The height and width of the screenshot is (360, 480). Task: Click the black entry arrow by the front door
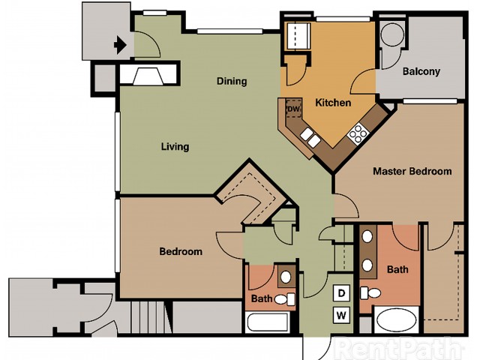tap(120, 45)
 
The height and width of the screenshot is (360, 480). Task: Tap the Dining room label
tap(232, 81)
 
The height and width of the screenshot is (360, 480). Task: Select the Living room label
tap(175, 147)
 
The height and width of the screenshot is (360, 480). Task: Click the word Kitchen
tap(333, 103)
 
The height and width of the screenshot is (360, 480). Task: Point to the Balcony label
tap(421, 71)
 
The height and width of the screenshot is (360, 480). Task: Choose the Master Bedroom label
tap(412, 171)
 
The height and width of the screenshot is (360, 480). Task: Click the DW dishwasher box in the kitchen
tap(293, 108)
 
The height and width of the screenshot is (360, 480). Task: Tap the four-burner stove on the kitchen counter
tap(358, 133)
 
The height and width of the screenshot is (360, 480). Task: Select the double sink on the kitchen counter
tap(310, 137)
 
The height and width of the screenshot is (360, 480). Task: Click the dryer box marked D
tap(341, 293)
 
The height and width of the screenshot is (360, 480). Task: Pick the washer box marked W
tap(341, 315)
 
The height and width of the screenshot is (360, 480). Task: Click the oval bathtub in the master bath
tap(397, 319)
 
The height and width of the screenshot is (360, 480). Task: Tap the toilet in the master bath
tap(370, 293)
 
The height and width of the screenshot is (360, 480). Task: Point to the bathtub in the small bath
tap(267, 322)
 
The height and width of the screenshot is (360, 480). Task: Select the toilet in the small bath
tap(285, 299)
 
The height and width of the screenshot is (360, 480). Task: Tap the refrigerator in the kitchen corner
tap(298, 36)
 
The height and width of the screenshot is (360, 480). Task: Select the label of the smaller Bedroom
tap(181, 252)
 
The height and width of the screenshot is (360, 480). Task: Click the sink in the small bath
tap(286, 277)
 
